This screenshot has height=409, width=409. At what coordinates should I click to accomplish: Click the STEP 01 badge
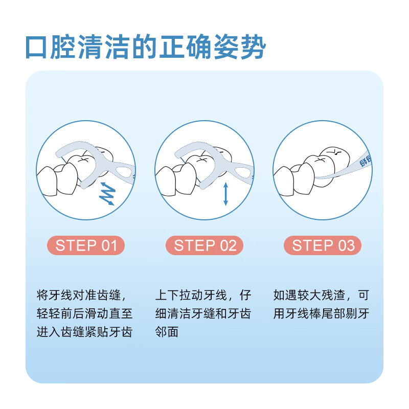tap(86, 245)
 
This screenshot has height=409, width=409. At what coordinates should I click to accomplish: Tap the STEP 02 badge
tap(204, 245)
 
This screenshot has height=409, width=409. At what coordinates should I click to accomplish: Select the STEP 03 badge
tap(323, 245)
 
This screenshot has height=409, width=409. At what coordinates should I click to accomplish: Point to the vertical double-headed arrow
tap(225, 194)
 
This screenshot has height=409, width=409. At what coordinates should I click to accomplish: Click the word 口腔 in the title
tap(54, 47)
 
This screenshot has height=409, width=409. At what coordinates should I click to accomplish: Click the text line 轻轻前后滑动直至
tap(85, 313)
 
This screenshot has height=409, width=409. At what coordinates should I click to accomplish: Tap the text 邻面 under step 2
tap(167, 331)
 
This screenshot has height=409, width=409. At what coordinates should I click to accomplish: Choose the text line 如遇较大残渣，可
tap(321, 296)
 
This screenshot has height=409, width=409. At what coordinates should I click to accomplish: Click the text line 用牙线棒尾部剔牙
tap(321, 313)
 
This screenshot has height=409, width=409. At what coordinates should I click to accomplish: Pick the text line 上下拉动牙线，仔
tap(203, 296)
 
